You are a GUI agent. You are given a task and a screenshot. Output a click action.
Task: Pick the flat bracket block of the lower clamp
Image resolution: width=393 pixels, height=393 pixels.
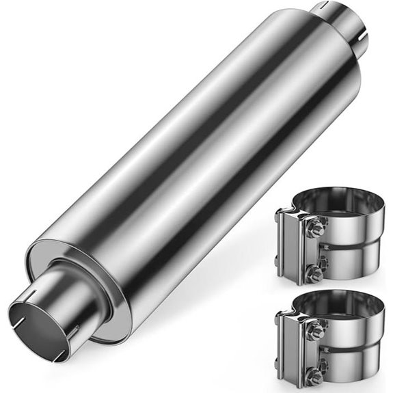pyautogui.click(x=290, y=349)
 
